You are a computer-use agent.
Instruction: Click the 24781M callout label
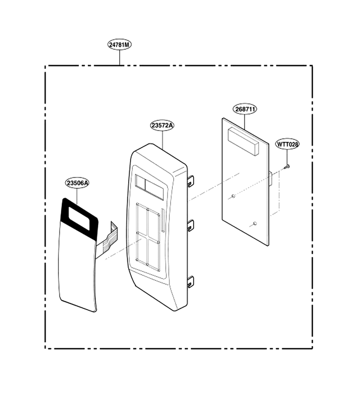coord(120,45)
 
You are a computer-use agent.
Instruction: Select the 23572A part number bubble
coord(162,125)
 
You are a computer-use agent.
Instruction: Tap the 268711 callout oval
coord(245,109)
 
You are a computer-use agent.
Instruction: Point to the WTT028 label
coord(287,144)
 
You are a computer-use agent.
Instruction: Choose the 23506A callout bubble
coord(77,183)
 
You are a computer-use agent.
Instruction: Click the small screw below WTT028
coord(287,166)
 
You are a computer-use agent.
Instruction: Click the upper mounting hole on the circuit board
coord(233,196)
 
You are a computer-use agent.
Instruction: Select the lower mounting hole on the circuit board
coord(254,223)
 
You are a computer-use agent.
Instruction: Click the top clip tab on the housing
coord(191,180)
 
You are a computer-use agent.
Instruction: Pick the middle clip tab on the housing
coord(191,225)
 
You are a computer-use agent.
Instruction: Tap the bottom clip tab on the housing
coord(191,281)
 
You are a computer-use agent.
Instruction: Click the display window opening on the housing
coord(149,187)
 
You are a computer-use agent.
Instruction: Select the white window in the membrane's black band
coord(79,218)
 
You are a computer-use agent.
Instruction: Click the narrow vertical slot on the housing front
coord(163,220)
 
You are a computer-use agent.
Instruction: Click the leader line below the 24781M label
coord(120,58)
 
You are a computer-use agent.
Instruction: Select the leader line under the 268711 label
coord(244,122)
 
